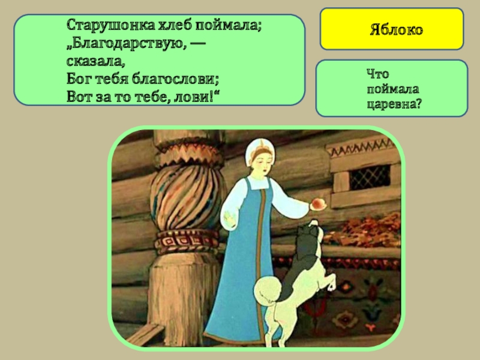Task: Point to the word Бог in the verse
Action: pyautogui.click(x=78, y=79)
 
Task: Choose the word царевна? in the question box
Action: pyautogui.click(x=394, y=103)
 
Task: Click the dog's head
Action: pyautogui.click(x=309, y=231)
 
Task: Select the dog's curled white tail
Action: pyautogui.click(x=263, y=291)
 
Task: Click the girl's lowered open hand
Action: pyautogui.click(x=227, y=214)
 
